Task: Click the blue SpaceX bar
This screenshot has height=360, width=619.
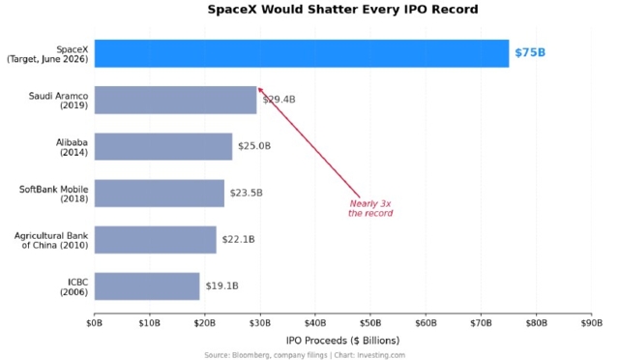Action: [302, 53]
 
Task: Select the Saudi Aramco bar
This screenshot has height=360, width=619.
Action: [175, 100]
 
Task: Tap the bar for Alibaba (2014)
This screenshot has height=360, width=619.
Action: [163, 146]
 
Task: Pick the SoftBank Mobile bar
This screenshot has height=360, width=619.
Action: [159, 194]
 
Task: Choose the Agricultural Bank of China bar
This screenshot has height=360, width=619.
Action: [155, 240]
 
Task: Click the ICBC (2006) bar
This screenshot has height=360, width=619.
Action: [147, 286]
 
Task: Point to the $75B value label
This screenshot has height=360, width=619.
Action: [530, 52]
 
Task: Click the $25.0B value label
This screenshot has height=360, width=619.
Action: [254, 146]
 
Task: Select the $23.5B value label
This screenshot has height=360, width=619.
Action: [247, 193]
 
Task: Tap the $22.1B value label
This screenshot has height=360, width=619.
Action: [239, 239]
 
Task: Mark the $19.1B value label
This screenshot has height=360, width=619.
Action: [221, 286]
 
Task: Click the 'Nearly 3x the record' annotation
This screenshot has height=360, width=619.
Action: [370, 209]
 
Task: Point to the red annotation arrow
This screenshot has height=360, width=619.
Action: [309, 142]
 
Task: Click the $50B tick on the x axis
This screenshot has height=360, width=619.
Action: [370, 323]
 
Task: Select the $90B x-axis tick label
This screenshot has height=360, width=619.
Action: [591, 323]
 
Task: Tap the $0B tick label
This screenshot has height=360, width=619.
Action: [95, 323]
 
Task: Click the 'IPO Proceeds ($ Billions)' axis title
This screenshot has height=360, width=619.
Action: [342, 341]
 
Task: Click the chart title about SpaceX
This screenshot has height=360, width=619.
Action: [342, 9]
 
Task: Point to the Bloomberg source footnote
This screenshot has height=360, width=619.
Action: [305, 355]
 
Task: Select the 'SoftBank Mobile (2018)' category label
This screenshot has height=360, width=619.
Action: [54, 194]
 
